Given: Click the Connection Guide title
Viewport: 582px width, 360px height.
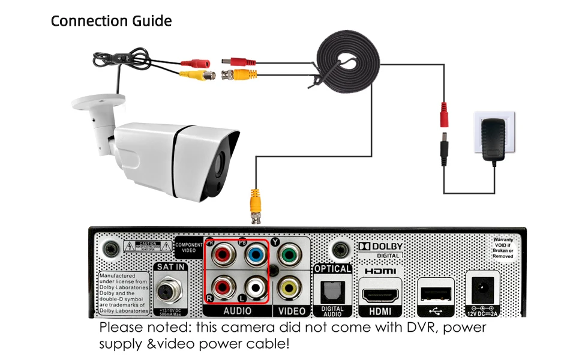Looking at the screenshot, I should point(111,21).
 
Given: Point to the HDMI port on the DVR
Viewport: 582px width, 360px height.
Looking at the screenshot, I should point(379,296).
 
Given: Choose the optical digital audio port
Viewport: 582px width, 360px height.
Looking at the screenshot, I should point(332,292).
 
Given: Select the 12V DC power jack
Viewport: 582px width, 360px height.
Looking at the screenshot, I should point(482,290).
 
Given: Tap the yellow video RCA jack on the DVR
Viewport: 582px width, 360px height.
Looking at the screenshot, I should point(289,286).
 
